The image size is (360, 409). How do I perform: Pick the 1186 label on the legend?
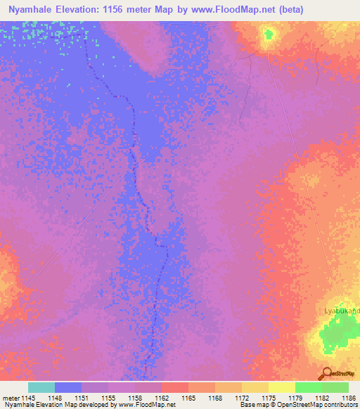(x=347, y=398)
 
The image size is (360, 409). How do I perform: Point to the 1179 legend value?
(x=295, y=398)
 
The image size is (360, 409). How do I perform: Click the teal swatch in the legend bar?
(x=41, y=387)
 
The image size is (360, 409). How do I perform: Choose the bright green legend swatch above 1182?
(x=308, y=387)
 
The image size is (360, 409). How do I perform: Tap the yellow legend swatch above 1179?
(x=281, y=387)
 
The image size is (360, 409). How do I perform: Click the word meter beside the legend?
(x=11, y=398)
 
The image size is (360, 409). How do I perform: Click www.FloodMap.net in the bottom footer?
(x=147, y=405)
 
